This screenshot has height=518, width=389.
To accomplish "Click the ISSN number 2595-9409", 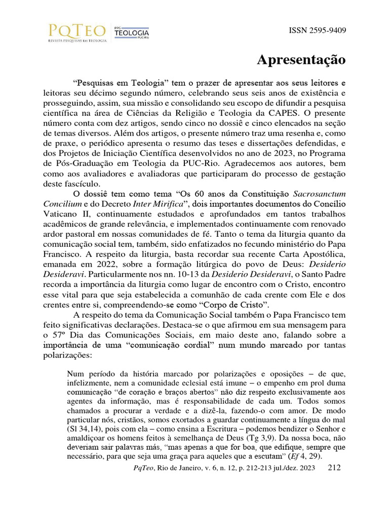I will pyautogui.click(x=317, y=30).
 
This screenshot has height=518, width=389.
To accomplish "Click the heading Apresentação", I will pyautogui.click(x=301, y=60).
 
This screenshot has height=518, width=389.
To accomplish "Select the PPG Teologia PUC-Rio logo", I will pyautogui.click(x=131, y=32).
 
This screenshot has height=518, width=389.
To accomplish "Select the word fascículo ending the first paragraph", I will pyautogui.click(x=83, y=184).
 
